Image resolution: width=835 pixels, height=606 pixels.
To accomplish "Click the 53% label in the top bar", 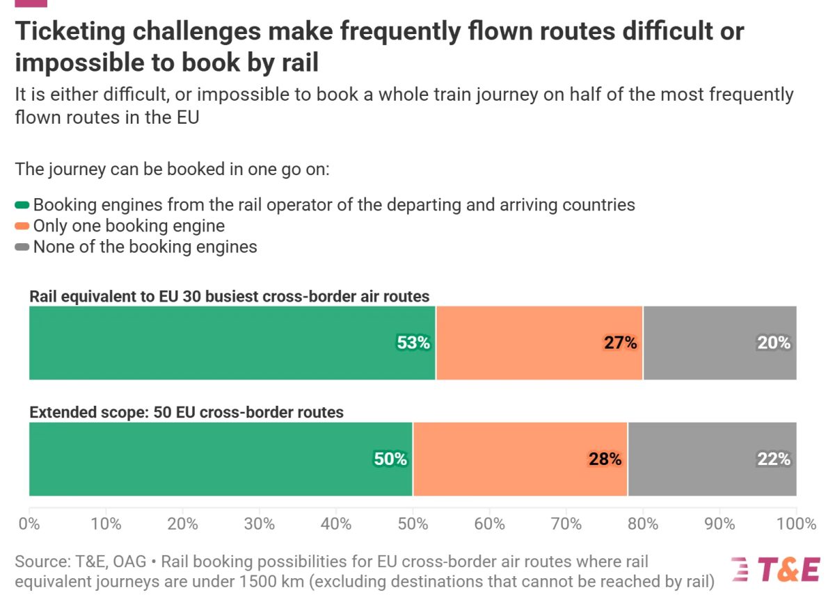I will [x=413, y=343].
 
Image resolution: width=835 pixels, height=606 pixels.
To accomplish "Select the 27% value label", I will [x=620, y=343].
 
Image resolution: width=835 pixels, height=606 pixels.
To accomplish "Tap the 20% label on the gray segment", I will [x=773, y=343].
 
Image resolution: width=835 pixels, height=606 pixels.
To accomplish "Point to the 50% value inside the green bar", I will [x=390, y=459].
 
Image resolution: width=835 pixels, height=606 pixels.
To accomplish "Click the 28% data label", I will [x=604, y=459].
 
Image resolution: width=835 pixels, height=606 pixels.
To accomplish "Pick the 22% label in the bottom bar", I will [x=773, y=459].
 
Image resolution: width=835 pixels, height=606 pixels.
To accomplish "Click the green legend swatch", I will [x=22, y=205].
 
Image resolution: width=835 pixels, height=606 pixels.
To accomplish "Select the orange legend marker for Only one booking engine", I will [x=22, y=226].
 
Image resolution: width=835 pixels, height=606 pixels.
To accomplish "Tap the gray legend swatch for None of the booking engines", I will [x=22, y=247].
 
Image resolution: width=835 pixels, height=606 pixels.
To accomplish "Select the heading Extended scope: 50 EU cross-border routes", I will [x=186, y=412].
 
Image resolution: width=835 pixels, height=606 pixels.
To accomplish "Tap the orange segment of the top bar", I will [x=539, y=343].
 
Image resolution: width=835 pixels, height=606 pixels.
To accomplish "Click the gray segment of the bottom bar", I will [x=712, y=459].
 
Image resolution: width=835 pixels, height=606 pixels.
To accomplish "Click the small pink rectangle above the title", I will [x=31, y=3].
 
